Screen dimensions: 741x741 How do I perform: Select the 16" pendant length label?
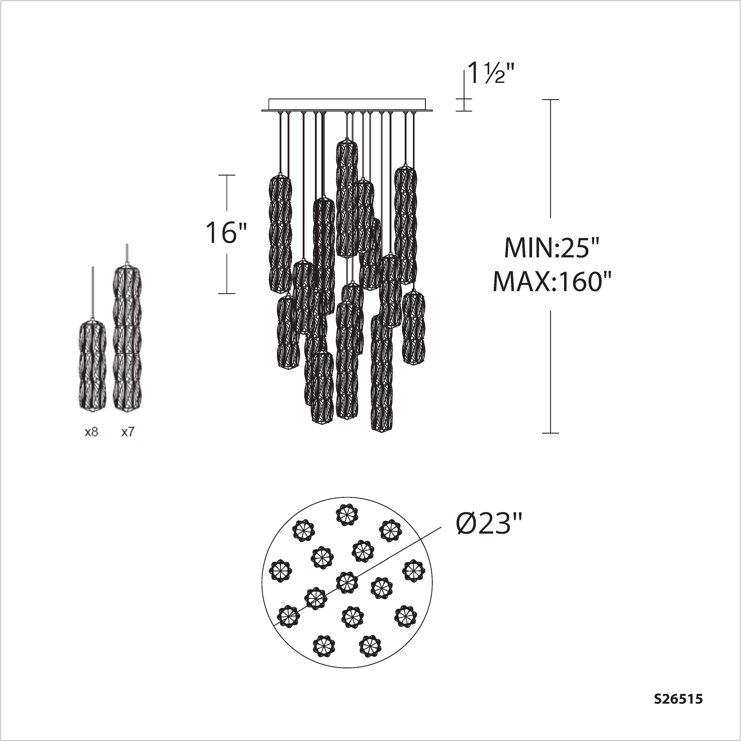point(226,233)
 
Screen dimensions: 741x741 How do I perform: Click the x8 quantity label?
point(91,432)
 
